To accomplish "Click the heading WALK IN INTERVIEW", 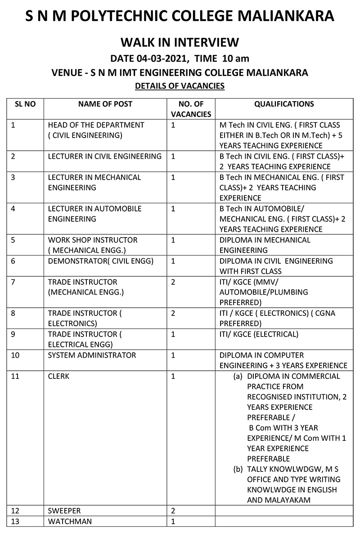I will coord(180,43).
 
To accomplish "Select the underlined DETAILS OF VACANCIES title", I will coord(180,85).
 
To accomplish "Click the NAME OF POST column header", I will coord(105,104).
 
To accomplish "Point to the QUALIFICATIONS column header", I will coord(284,104).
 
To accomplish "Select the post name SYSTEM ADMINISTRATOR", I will coord(92,355).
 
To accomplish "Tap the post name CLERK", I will coord(58,376).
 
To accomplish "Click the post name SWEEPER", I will coord(64,511).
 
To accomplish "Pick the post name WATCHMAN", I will coord(70,521).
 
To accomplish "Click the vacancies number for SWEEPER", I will coord(173,511).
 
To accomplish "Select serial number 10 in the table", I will coord(15,355).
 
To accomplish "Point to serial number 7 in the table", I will coord(13,282).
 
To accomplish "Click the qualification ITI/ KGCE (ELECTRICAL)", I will coord(259,334).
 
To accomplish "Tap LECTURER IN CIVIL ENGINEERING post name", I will coord(104,156).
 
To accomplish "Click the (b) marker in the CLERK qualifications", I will coord(238,469).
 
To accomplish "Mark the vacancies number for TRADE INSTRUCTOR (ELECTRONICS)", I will coord(173,313).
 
